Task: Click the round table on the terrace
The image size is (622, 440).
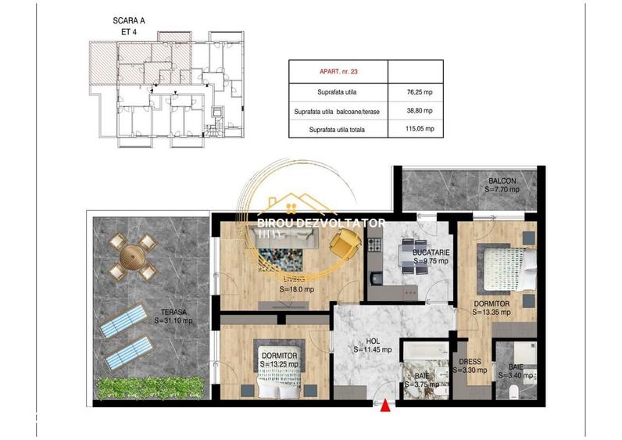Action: tap(133, 259)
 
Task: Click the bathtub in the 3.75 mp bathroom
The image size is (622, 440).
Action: tap(424, 352)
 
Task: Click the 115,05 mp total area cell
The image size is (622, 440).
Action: tap(414, 130)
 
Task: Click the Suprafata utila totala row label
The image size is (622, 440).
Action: tap(338, 130)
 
